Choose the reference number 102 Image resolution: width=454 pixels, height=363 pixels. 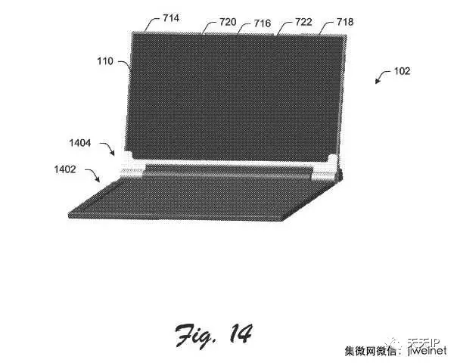[x=402, y=71]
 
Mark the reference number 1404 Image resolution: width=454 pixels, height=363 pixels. [x=81, y=142]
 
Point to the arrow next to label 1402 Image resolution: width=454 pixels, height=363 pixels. [x=93, y=178]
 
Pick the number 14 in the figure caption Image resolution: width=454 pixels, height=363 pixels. [x=238, y=333]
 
